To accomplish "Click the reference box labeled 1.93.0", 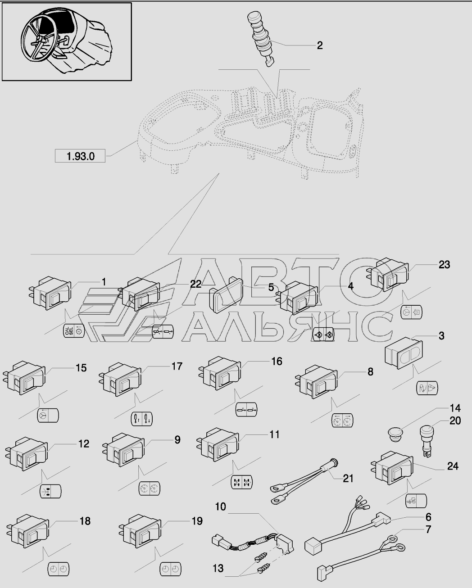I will pos(80,156).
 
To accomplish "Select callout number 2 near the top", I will pos(320,45).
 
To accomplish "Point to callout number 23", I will pos(444,265).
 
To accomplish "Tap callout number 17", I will pos(177,366).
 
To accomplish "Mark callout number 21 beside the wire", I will pos(348,478).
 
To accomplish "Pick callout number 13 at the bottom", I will pos(218,569).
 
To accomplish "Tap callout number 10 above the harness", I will pos(220,507).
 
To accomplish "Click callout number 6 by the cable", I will pos(428,517).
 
